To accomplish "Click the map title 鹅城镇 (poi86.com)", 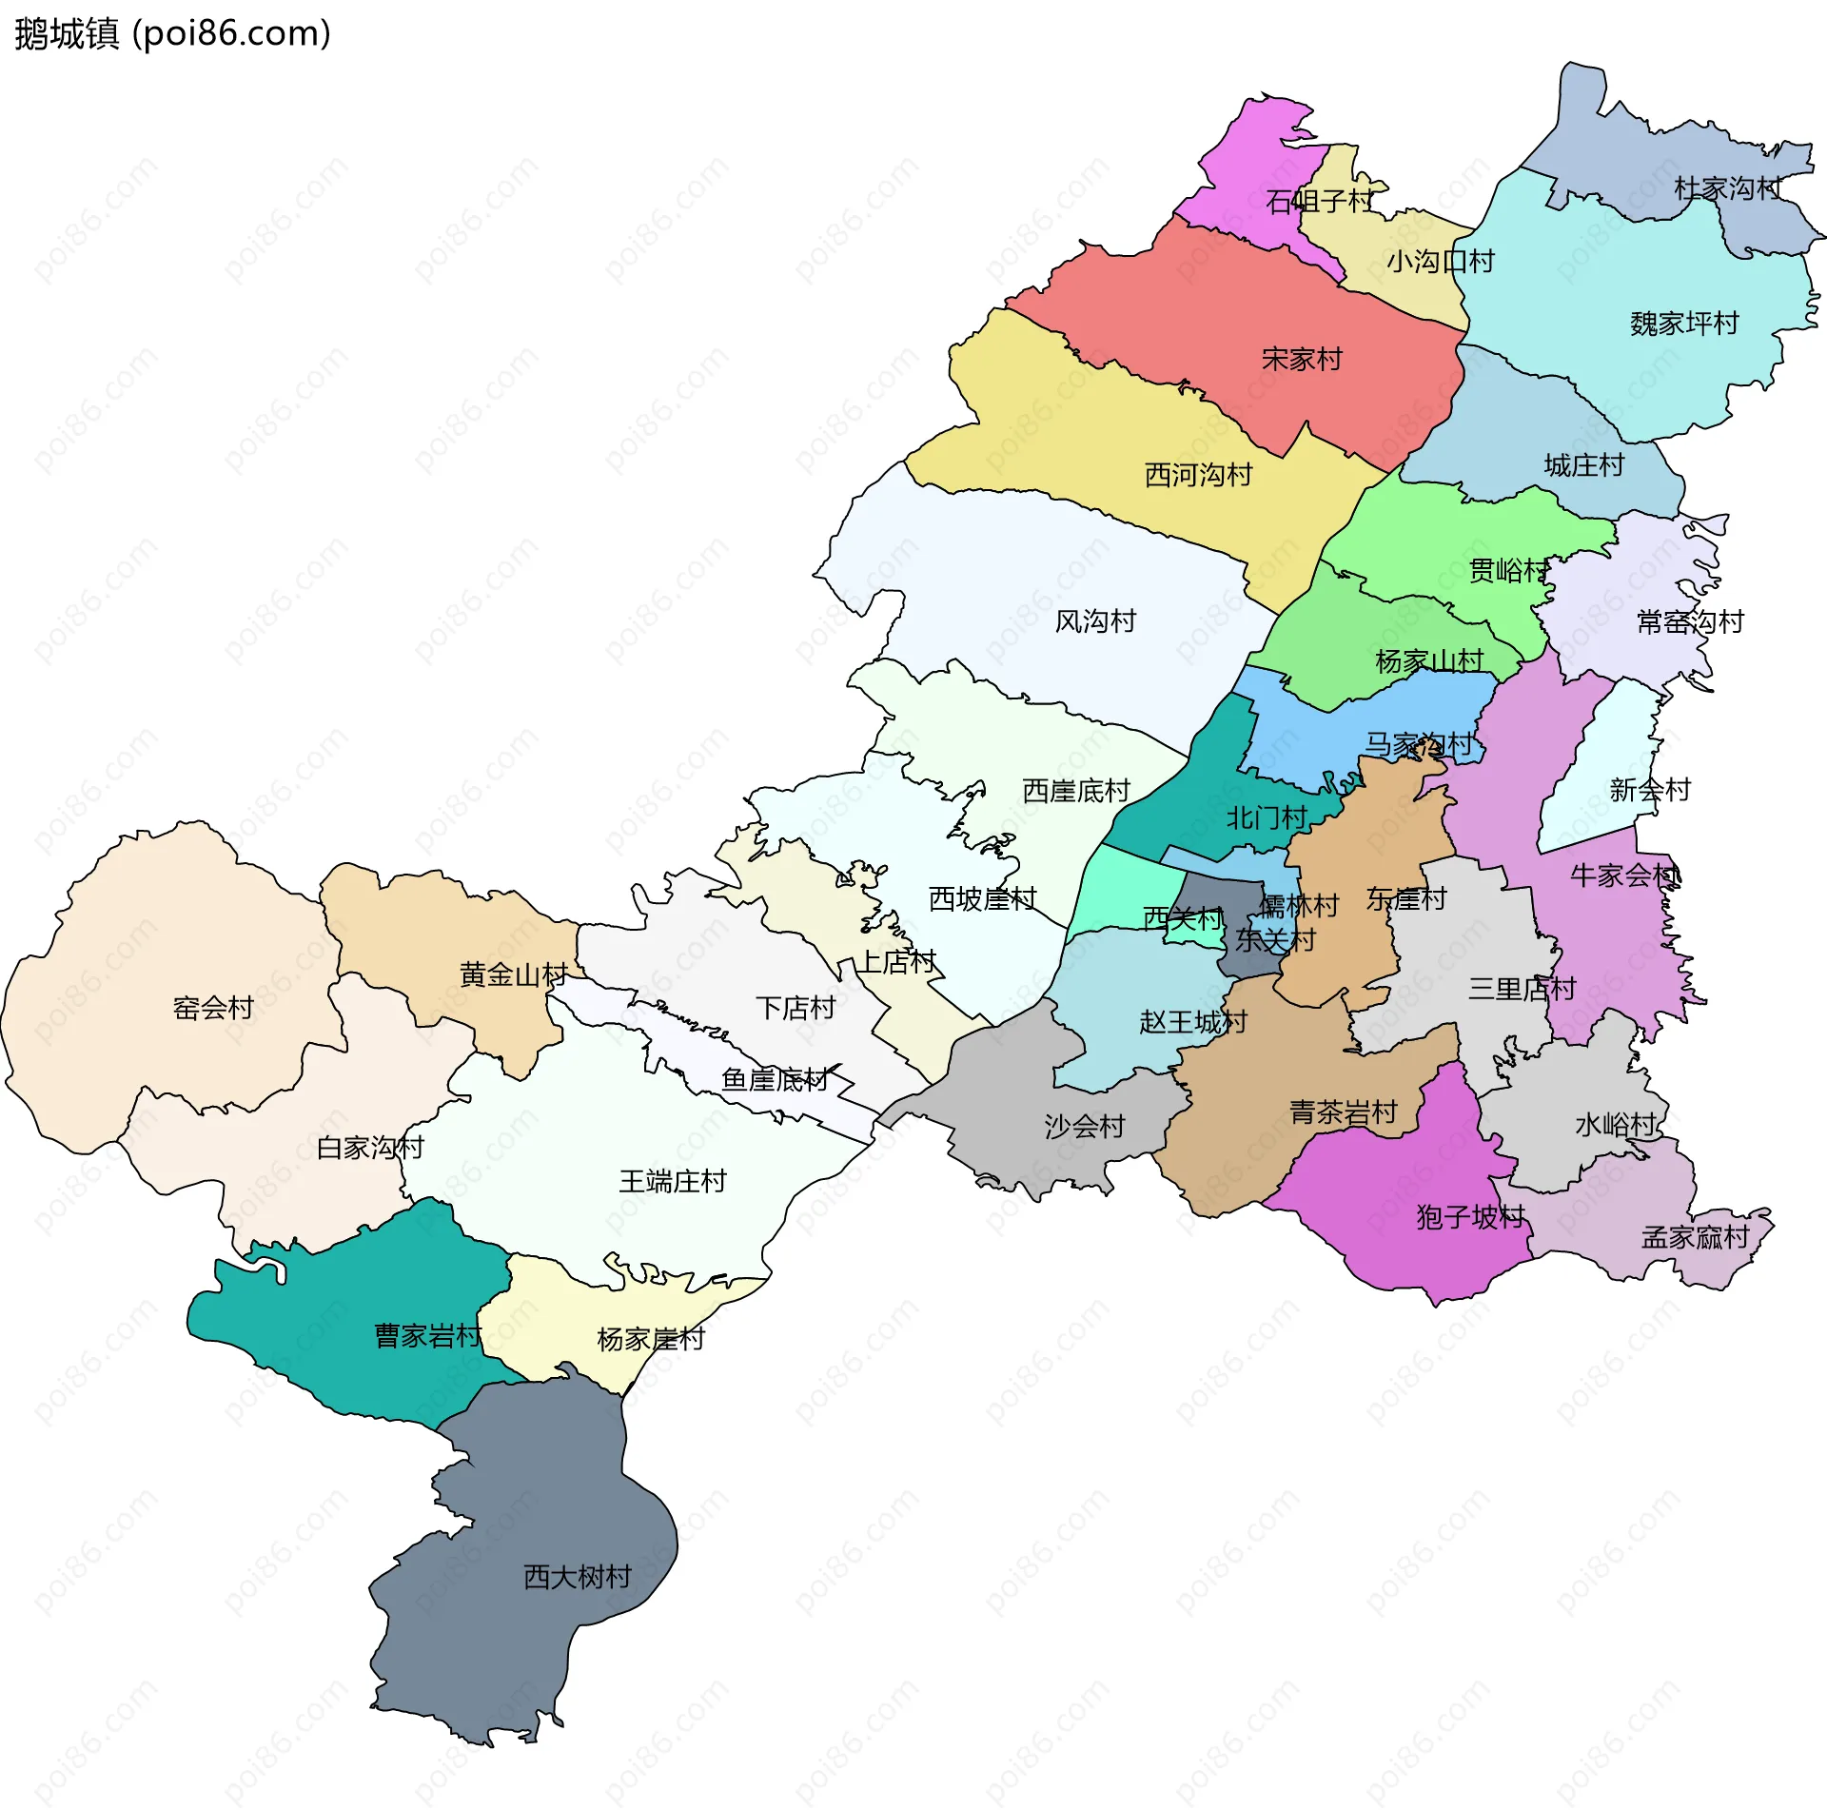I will click(x=172, y=34).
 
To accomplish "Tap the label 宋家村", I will click(x=1301, y=360).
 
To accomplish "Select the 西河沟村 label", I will click(x=1198, y=475).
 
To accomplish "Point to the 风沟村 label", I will click(x=1095, y=621).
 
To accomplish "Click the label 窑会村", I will click(x=213, y=1008).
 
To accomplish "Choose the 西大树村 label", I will click(x=578, y=1578).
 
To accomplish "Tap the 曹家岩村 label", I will click(x=428, y=1337).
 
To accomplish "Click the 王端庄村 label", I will click(x=673, y=1182).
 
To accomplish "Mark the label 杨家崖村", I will click(x=651, y=1340).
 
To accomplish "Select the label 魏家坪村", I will click(x=1684, y=324).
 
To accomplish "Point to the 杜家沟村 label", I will click(x=1728, y=188).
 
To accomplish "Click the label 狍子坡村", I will click(x=1470, y=1217).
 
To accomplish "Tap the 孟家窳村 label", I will click(x=1696, y=1238).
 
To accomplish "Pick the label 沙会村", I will click(x=1085, y=1127).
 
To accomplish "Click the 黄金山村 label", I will click(x=514, y=974).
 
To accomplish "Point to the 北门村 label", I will click(x=1267, y=817).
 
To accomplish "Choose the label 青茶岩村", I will click(x=1343, y=1112).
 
